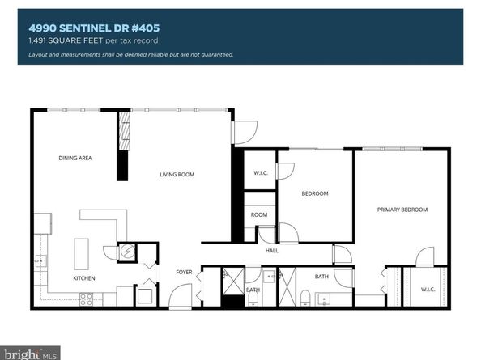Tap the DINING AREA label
74,158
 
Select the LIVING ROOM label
177,174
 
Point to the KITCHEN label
84,278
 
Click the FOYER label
184,272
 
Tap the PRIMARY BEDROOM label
402,210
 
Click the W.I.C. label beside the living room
260,172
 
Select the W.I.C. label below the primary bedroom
428,290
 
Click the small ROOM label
258,214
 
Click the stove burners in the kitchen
86,297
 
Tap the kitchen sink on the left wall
39,261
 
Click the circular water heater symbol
127,252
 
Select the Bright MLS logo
31,353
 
